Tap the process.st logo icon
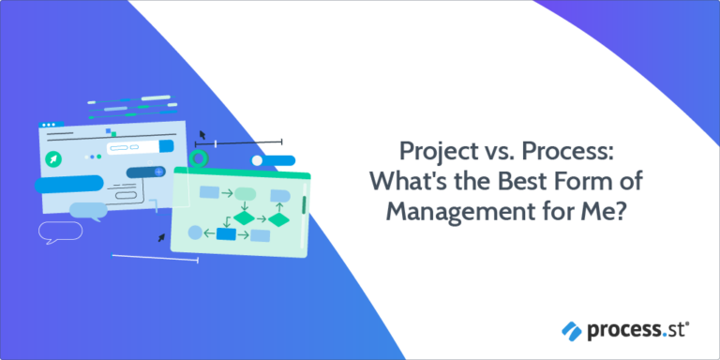[571, 329]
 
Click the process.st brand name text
[632, 329]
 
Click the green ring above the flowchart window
[198, 157]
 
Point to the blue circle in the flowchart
[195, 232]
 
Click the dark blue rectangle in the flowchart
[226, 233]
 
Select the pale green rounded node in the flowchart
[245, 194]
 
